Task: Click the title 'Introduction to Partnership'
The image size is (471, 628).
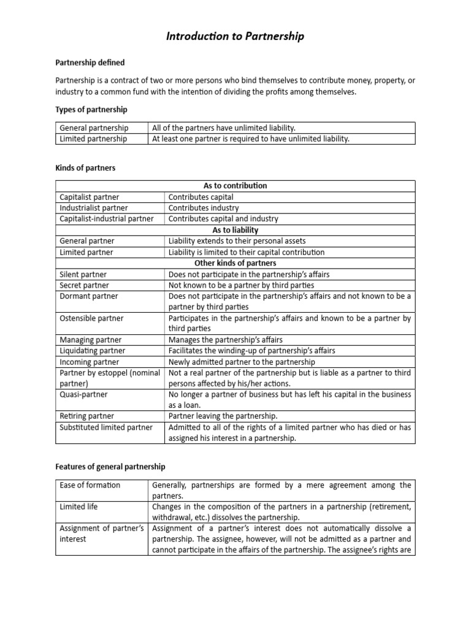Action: pos(235,37)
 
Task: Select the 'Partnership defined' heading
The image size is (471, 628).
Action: pos(90,63)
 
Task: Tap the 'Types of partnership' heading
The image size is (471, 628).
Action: pos(91,109)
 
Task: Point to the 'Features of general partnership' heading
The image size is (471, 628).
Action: pos(110,467)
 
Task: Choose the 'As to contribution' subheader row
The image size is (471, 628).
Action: pos(235,186)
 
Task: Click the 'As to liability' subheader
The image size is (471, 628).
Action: pos(235,230)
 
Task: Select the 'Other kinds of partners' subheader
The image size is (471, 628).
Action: pos(235,263)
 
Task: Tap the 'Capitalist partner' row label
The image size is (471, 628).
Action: pos(90,197)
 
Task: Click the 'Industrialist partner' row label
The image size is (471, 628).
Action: pos(93,208)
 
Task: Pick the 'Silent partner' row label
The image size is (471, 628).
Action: pos(83,274)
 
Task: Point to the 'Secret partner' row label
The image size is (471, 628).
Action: pos(84,285)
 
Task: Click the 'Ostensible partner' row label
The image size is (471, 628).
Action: pos(91,318)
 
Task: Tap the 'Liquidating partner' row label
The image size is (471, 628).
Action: pos(92,351)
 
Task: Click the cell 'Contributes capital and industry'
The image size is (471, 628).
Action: pos(223,219)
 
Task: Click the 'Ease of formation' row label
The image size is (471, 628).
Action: pos(90,485)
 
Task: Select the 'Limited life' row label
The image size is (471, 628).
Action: pos(78,507)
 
